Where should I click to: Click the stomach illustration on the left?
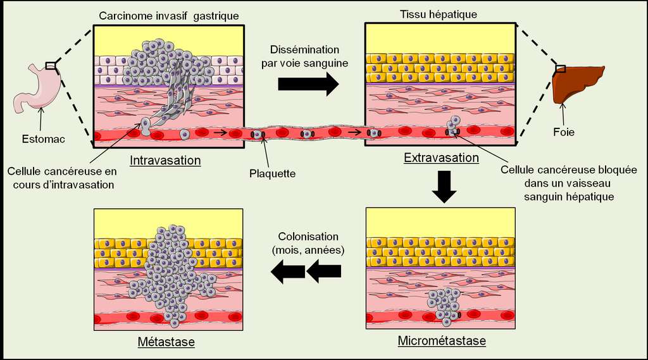pos(38,89)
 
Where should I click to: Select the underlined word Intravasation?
pos(165,160)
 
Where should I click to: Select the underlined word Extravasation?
pos(441,157)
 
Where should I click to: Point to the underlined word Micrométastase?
pos(442,341)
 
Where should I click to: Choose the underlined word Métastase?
pos(166,342)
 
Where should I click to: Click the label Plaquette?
pos(272,172)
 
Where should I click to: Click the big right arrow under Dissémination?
pos(309,84)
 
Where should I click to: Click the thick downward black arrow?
pos(447,188)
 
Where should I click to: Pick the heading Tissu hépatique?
pos(439,14)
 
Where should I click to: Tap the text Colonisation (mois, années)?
pos(308,243)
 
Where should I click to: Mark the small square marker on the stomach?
pos(51,65)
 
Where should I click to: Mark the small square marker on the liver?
pos(560,68)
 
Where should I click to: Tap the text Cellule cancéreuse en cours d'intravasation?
pos(61,178)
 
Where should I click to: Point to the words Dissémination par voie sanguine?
pos(305,56)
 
